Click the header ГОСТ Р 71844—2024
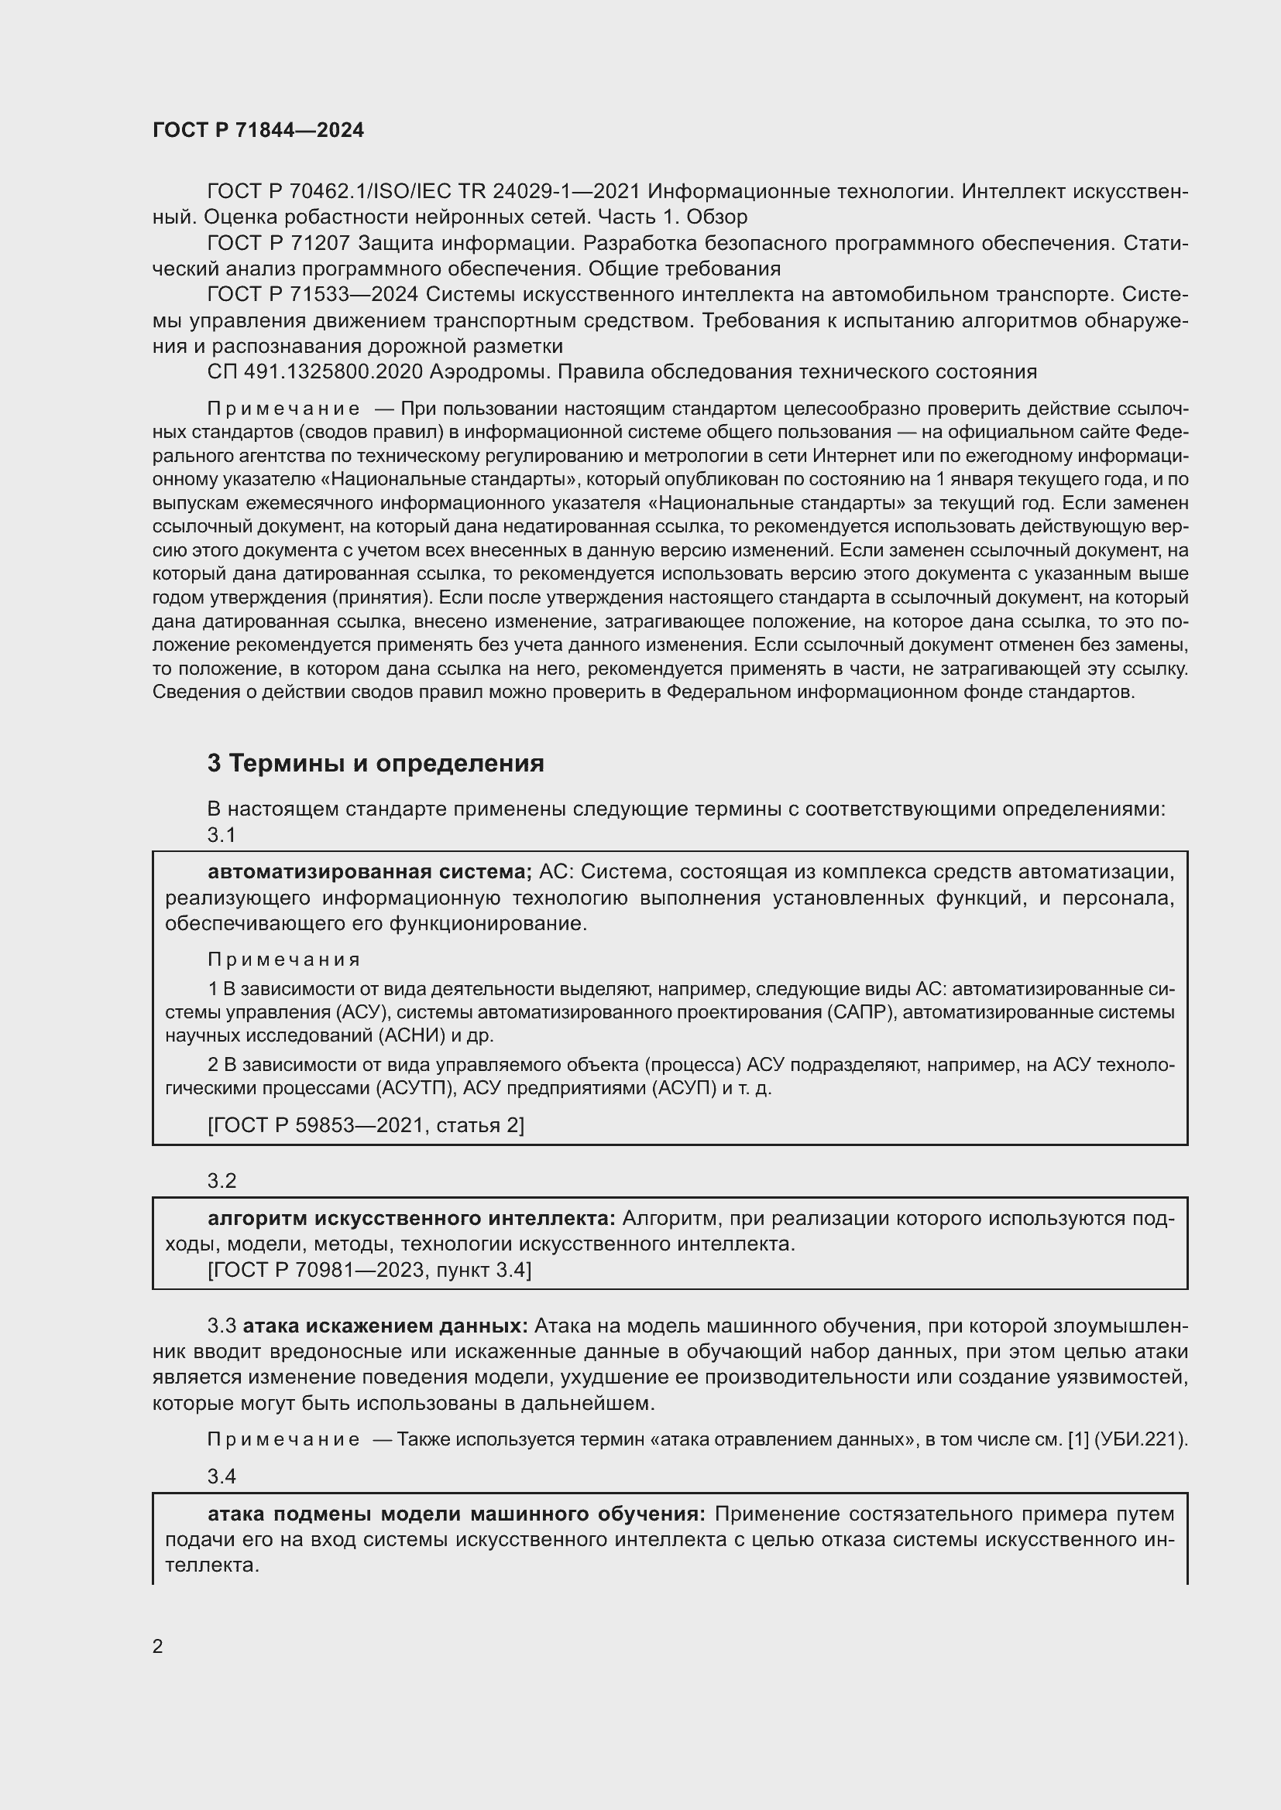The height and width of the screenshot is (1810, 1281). (258, 130)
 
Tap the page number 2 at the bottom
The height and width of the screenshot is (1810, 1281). (158, 1646)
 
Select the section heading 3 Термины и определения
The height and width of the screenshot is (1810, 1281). (376, 763)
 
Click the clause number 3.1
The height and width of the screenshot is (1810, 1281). (222, 835)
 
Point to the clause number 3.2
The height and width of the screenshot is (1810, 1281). (222, 1181)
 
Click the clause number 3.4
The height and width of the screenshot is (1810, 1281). (222, 1476)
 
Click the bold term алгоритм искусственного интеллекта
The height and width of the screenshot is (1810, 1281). (411, 1219)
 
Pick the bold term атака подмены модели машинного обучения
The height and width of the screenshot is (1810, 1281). (457, 1514)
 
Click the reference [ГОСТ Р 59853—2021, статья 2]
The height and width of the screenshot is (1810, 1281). (366, 1125)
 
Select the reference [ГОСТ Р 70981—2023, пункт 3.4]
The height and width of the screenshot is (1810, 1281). (369, 1270)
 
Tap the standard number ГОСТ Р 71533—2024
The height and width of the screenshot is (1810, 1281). (313, 294)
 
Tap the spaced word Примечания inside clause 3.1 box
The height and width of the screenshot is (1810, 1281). (284, 960)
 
